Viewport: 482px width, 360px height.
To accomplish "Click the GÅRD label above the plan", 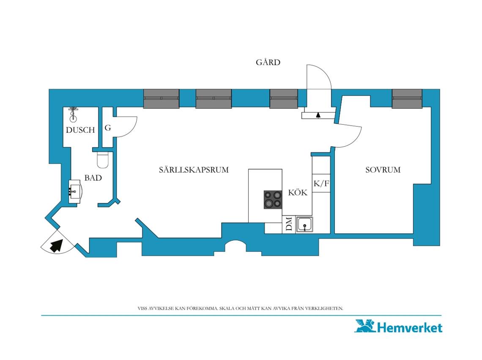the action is point(268,62).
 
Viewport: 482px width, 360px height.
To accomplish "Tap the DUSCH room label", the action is point(80,130).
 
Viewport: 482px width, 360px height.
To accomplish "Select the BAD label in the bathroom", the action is point(93,178).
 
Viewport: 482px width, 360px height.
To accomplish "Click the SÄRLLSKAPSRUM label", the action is point(194,170).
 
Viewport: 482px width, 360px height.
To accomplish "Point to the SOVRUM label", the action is point(383,170).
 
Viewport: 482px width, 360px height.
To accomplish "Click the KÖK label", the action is point(298,192).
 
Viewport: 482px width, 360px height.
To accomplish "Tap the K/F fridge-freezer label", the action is point(321,184).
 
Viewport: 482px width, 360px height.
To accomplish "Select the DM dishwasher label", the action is point(289,224).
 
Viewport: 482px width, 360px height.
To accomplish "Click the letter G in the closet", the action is point(107,128).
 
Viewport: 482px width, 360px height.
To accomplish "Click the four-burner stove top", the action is point(273,200).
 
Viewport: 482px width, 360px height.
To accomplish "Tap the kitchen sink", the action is point(304,224).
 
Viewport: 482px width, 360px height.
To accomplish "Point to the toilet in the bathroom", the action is point(103,160).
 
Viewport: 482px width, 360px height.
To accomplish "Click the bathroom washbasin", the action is point(75,192).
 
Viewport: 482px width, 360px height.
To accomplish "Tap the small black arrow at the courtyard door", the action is point(318,115).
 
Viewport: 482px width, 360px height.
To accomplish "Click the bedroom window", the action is point(407,99).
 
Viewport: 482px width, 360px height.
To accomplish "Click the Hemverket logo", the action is point(399,327).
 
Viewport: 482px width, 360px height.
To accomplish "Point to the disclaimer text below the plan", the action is point(241,308).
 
